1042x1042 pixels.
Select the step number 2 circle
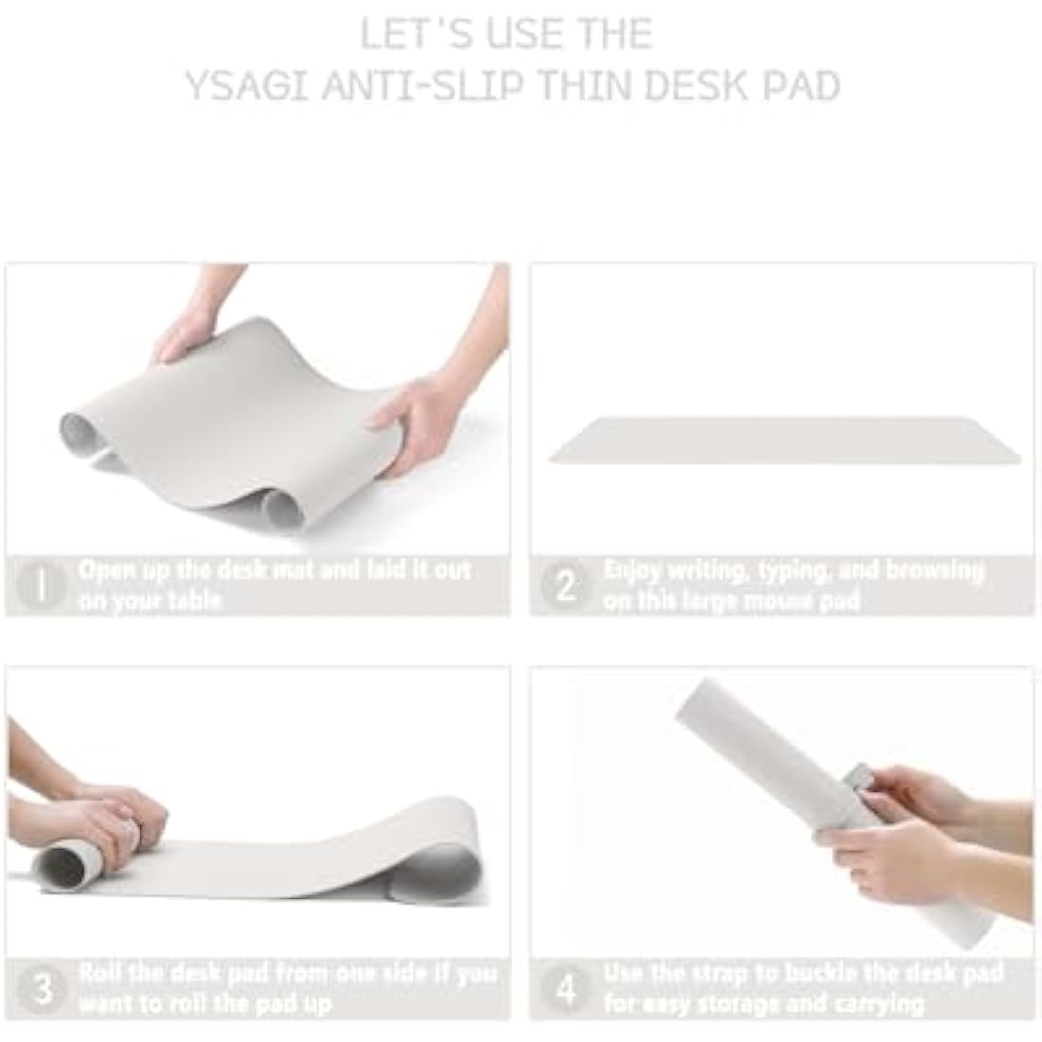click(566, 585)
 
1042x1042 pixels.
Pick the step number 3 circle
click(42, 988)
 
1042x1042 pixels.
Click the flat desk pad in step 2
click(784, 440)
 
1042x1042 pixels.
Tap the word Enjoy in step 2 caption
click(632, 571)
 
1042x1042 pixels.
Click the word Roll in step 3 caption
click(100, 974)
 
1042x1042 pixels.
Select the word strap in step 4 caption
click(741, 974)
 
